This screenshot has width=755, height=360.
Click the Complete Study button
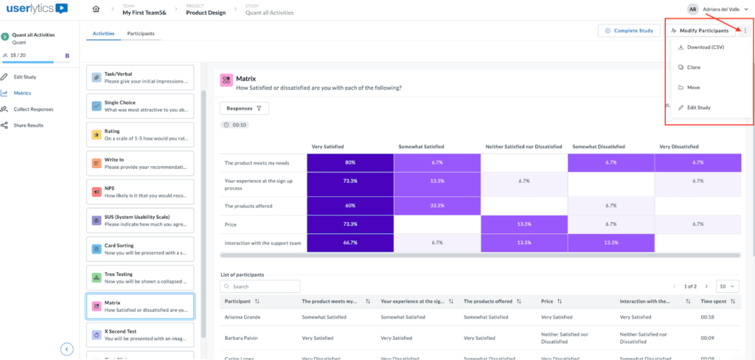(629, 31)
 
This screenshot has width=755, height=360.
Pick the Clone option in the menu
(694, 67)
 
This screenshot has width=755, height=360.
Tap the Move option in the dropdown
(693, 87)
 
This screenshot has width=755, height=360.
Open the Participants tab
(140, 34)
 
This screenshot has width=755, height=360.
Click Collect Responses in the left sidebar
(33, 109)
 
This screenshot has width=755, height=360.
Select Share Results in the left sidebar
(29, 125)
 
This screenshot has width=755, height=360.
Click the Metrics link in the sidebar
(22, 93)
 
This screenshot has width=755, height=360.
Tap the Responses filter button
(244, 108)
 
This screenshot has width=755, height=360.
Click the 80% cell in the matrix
(350, 162)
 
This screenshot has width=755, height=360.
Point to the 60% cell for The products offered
(350, 206)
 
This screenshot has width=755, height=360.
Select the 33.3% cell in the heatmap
(437, 206)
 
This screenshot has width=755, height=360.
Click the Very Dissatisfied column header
(680, 146)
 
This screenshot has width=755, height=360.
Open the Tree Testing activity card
(140, 277)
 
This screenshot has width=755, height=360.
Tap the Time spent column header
(715, 301)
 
